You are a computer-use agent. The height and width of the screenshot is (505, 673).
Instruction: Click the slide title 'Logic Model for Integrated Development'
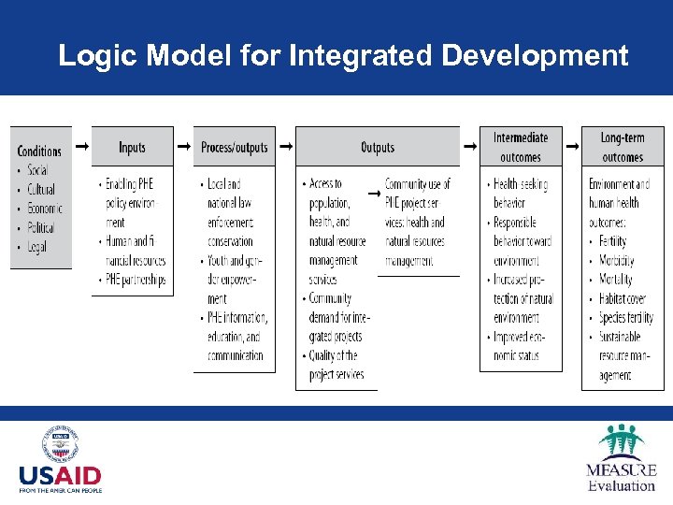click(342, 56)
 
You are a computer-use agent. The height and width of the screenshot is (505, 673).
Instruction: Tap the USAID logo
click(61, 461)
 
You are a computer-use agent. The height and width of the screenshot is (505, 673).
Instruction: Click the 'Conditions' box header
click(40, 151)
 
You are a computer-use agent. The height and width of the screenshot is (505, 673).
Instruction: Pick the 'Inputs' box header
click(132, 148)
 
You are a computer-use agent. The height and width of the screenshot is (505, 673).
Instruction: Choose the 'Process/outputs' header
click(234, 148)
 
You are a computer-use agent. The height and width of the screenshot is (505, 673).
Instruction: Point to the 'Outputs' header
click(378, 148)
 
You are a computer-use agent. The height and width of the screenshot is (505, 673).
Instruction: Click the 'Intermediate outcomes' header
click(521, 148)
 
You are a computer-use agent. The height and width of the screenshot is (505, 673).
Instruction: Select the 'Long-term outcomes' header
click(623, 148)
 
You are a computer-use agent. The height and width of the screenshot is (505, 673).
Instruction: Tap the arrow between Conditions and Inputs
click(81, 147)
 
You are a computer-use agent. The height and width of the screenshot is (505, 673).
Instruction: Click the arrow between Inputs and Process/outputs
click(183, 147)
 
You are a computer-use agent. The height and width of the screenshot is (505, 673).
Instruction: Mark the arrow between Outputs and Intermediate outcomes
click(469, 147)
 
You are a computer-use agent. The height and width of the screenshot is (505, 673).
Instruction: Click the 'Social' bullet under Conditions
click(38, 170)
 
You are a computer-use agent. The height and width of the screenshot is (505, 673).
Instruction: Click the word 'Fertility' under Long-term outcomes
click(613, 241)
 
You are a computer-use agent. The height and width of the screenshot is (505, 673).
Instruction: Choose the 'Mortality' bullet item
click(616, 280)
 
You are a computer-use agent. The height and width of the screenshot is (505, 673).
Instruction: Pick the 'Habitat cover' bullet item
click(623, 299)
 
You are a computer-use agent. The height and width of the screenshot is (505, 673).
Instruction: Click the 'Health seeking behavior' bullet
click(522, 193)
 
